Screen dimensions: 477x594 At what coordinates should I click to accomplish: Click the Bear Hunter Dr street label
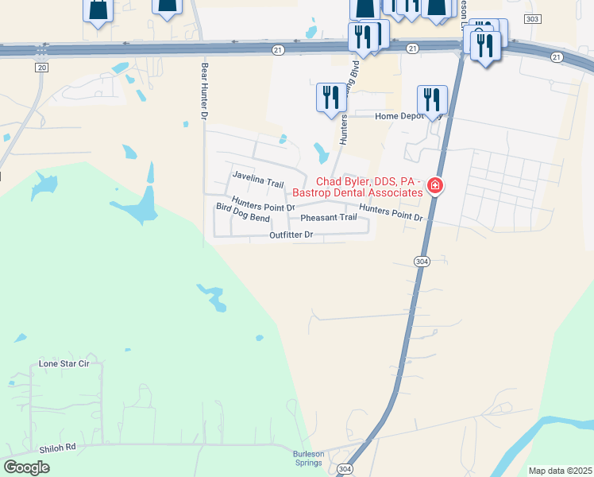point(204,92)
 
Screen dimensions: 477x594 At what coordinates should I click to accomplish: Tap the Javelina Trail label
point(257,179)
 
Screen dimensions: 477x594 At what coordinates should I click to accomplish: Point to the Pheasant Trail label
point(328,217)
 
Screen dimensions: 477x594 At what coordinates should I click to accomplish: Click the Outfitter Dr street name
point(291,235)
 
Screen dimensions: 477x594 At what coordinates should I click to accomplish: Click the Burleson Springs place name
point(308,459)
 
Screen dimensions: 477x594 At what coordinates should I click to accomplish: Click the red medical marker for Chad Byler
point(434,186)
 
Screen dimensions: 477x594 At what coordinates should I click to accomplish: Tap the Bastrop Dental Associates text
point(357,192)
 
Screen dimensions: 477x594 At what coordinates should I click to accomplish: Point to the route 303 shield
point(533,18)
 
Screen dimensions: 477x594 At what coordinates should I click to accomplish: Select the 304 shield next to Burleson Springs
point(345,468)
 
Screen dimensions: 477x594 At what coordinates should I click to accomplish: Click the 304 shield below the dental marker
point(422,261)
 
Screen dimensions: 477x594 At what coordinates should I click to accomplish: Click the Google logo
point(27,467)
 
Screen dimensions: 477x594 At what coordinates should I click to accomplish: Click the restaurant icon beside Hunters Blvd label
point(330,98)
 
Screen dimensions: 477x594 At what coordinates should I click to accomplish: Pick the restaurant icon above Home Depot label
point(431,100)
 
